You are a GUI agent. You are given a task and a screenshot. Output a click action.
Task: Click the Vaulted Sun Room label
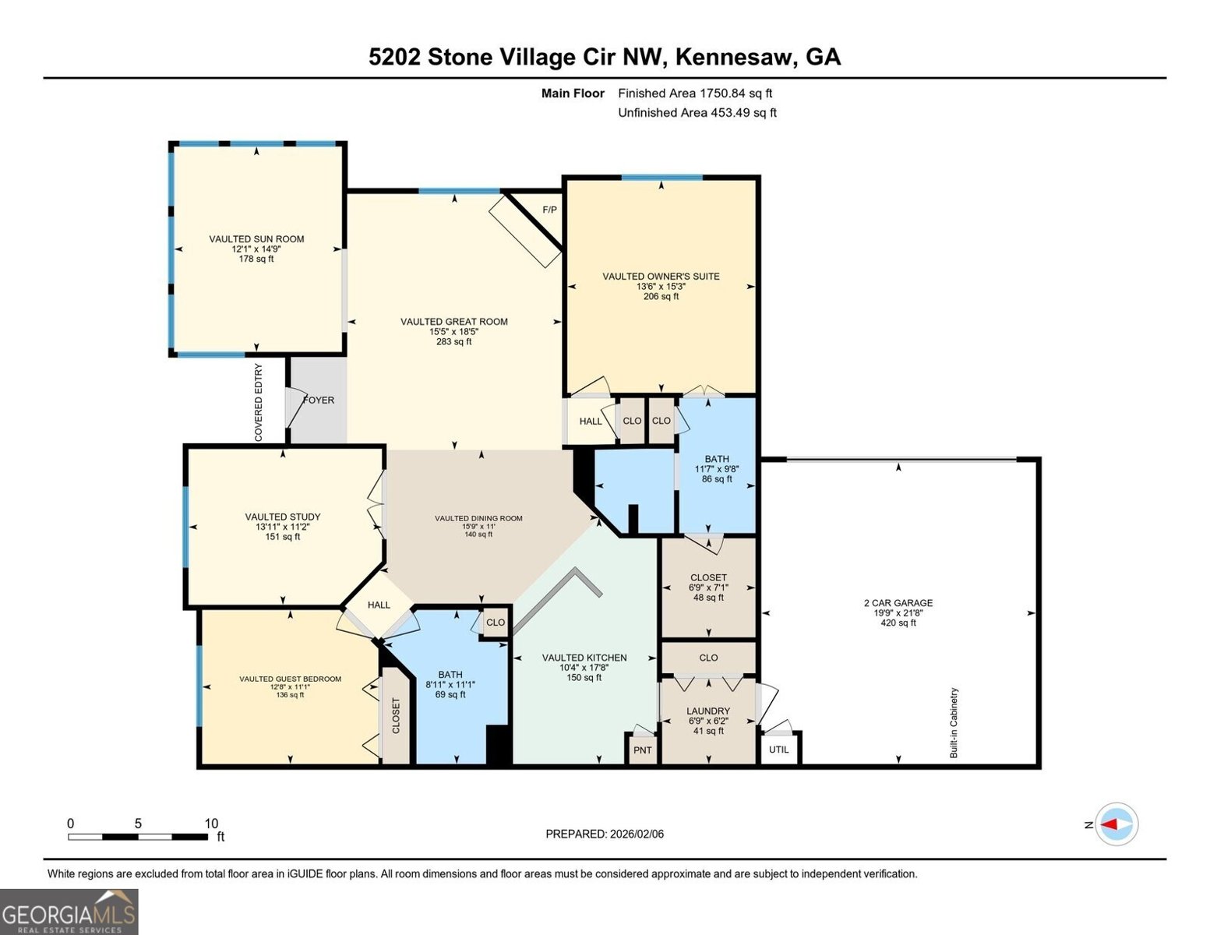pos(256,239)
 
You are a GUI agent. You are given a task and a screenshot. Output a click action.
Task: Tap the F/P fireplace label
pos(549,210)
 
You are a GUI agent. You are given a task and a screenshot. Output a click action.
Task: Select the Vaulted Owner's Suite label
pos(661,277)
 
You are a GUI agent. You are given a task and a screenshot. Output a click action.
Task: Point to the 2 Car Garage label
pos(898,603)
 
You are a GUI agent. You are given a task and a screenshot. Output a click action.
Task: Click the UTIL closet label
pos(778,750)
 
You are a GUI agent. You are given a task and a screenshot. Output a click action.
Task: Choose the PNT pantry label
pos(642,750)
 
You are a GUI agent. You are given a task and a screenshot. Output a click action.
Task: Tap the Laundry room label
pos(707,711)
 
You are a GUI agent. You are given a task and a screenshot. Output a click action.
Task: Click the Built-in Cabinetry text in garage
pos(954,723)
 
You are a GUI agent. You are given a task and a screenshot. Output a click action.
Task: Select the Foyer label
pos(319,400)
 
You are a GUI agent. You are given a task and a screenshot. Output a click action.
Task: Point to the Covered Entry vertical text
pos(259,403)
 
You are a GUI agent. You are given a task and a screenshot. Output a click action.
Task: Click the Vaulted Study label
pos(282,517)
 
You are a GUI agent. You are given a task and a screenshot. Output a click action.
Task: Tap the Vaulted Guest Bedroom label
pos(290,679)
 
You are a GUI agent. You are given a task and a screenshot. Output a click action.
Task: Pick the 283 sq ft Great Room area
pos(453,341)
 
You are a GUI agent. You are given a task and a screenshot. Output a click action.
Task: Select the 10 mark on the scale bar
pos(211,824)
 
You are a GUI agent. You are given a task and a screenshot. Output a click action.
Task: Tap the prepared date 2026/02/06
pos(605,834)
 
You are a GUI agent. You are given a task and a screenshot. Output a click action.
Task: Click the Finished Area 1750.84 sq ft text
pos(695,93)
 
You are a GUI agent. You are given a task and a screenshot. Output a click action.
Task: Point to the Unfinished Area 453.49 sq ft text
pos(697,113)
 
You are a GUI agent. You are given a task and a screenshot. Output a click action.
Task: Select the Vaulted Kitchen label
pos(584,658)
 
